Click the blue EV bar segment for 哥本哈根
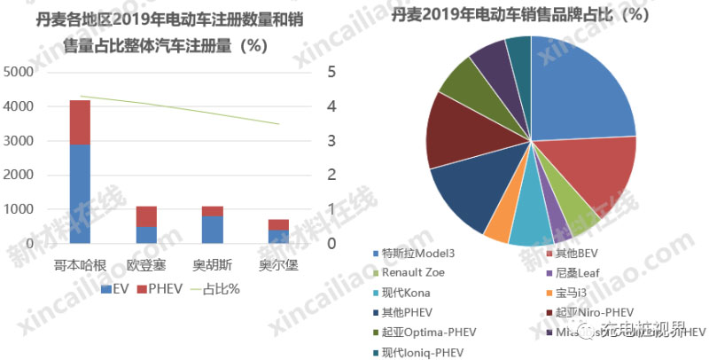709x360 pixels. point(81,193)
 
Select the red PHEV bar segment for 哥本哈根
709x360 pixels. point(81,122)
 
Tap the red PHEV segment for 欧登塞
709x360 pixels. point(146,216)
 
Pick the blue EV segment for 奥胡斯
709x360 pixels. point(212,230)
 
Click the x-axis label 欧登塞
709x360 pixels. point(146,265)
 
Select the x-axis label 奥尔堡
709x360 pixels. point(278,265)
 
